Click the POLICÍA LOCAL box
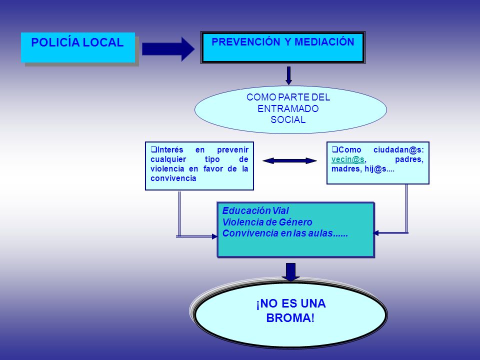[78, 47]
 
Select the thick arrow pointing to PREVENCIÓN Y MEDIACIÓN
[168, 49]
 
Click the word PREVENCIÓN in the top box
[246, 41]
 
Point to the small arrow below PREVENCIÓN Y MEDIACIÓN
[288, 75]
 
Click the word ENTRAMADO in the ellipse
[288, 108]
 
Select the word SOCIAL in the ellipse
[288, 119]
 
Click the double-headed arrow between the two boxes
[289, 160]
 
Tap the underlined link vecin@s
[348, 159]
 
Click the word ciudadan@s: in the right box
[398, 149]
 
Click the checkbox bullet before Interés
[153, 149]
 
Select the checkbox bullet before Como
[335, 149]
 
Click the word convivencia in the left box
[173, 178]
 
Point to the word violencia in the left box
[168, 169]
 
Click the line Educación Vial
[255, 210]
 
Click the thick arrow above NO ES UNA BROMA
[290, 272]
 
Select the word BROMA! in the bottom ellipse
[290, 318]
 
